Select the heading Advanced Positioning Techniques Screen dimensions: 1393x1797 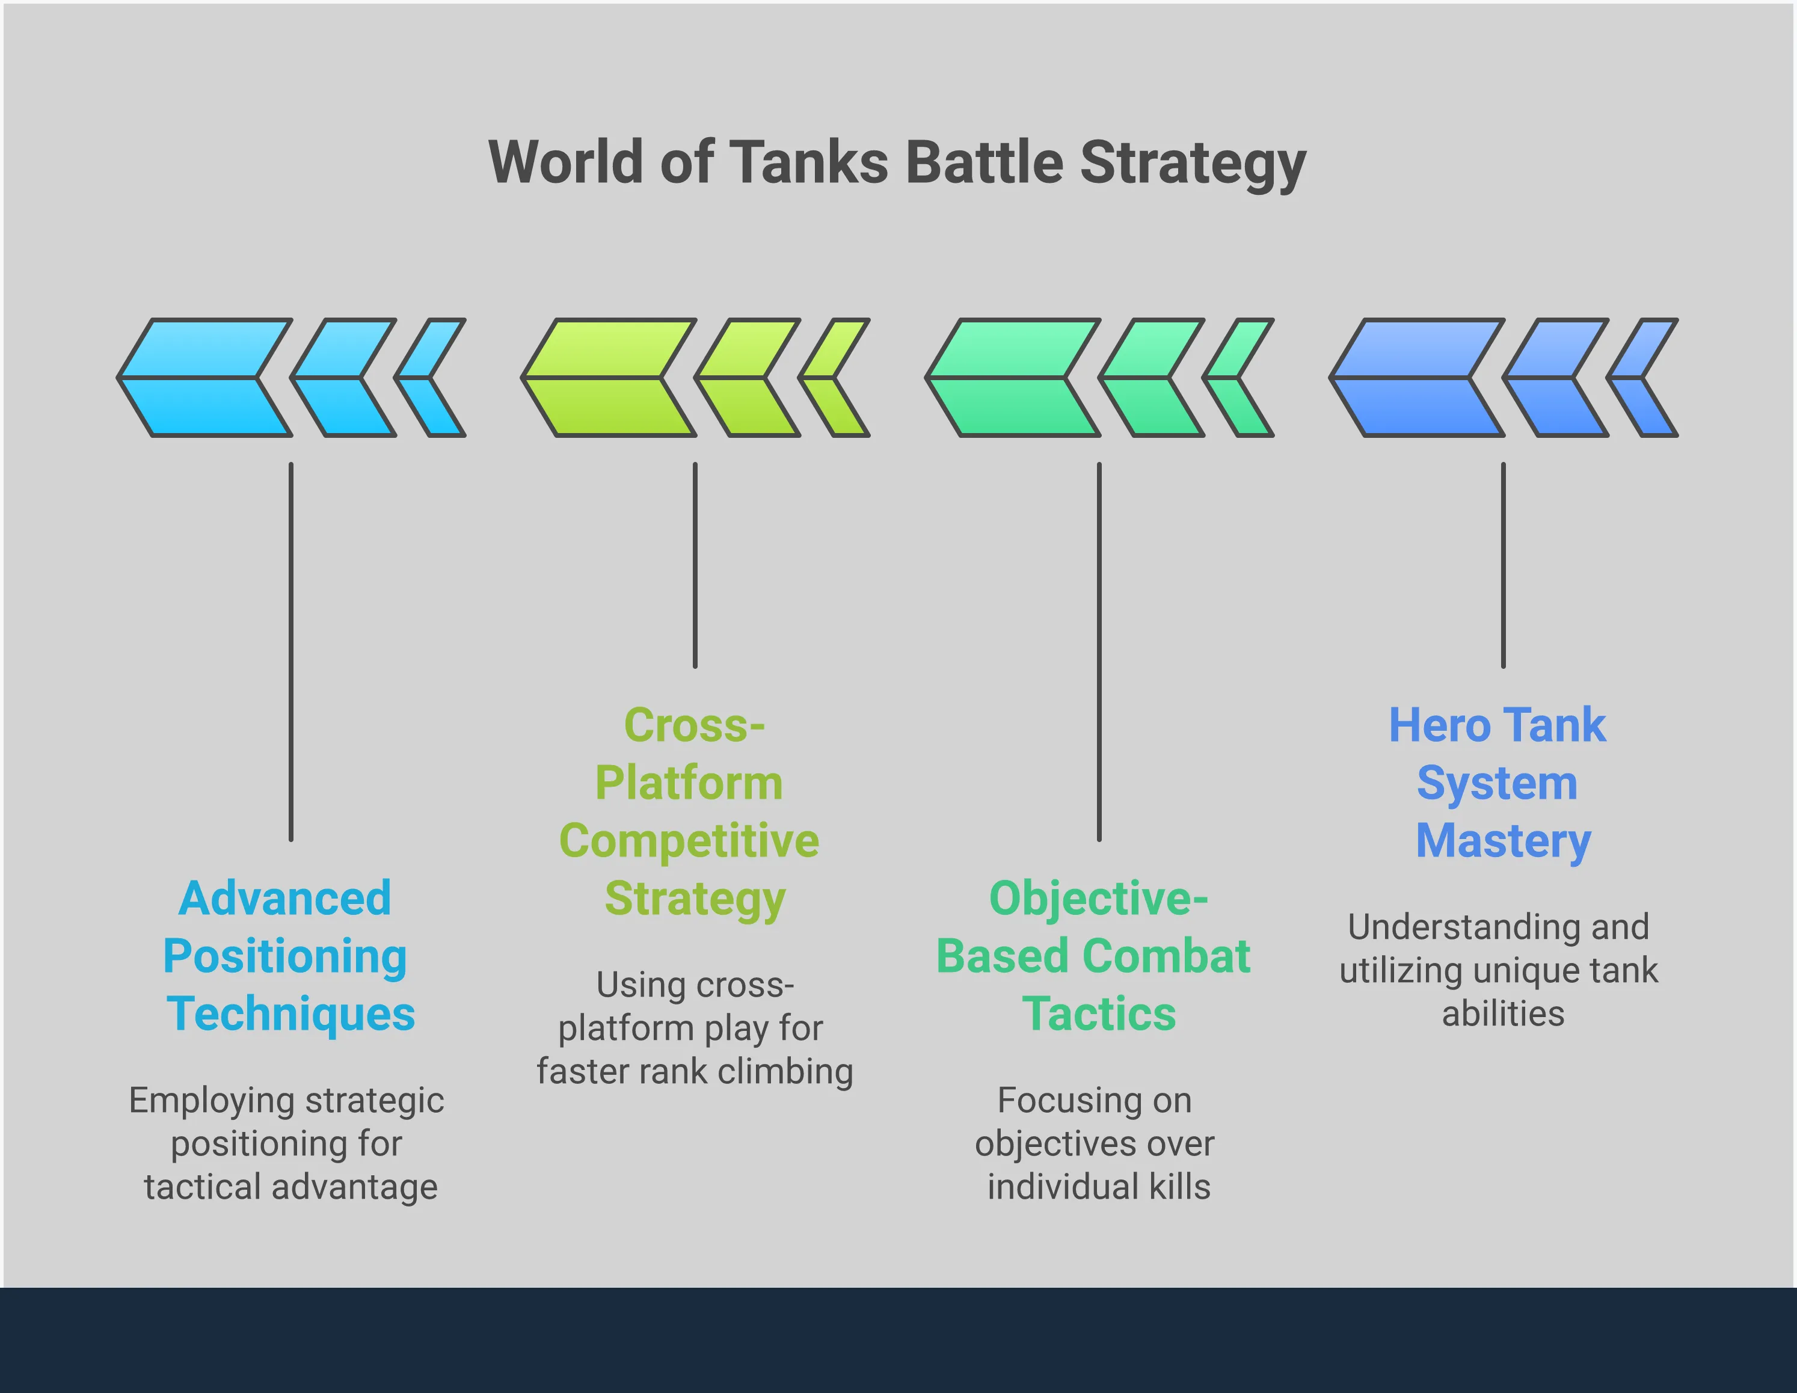pos(288,956)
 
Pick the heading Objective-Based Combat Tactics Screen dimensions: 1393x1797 pos(1095,956)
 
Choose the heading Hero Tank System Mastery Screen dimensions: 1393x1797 pos(1500,783)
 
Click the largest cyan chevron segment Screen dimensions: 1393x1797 pos(204,378)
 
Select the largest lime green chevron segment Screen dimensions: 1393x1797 pos(608,378)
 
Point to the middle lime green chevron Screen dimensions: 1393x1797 pos(747,378)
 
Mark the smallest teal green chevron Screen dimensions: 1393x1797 pos(1238,378)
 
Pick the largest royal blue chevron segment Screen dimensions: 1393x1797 pos(1417,378)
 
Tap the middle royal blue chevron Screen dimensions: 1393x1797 pos(1556,378)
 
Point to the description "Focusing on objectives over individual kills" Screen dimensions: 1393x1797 pos(1095,1144)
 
